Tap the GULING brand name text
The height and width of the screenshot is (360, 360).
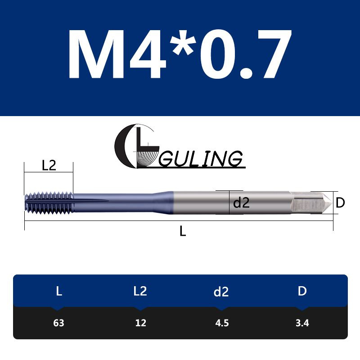tap(201, 159)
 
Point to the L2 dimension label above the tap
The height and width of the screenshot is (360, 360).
tap(49, 166)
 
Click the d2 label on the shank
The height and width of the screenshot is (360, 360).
tap(241, 203)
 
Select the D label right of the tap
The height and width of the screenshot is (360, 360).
tap(340, 203)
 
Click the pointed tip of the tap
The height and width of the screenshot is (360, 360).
tap(328, 202)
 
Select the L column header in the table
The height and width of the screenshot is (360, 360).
tap(58, 291)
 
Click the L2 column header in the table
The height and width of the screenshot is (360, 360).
tap(140, 291)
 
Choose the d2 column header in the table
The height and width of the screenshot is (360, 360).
tap(221, 292)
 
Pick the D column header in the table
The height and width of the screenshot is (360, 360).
tap(302, 291)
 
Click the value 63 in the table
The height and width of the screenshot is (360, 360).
tap(58, 323)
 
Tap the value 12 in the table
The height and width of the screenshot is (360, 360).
tap(140, 323)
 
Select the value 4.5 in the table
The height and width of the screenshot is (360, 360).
tap(221, 323)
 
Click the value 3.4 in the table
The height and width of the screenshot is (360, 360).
tap(302, 323)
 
